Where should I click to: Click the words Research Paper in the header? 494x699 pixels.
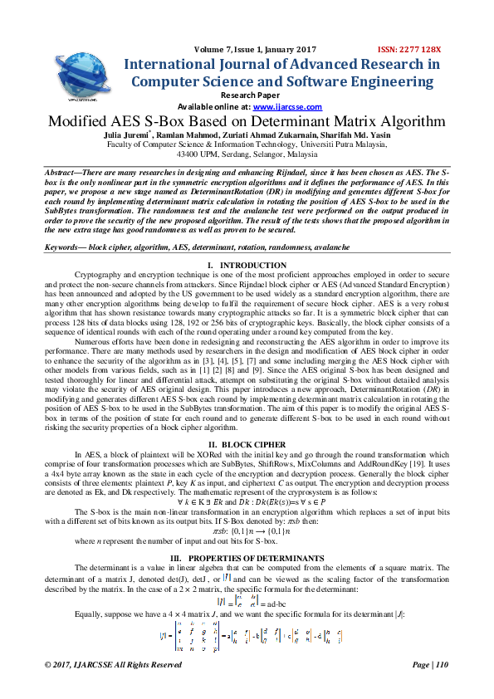click(x=247, y=95)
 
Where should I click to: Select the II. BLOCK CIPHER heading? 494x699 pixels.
click(x=247, y=445)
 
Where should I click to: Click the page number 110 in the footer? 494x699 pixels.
click(x=441, y=665)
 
